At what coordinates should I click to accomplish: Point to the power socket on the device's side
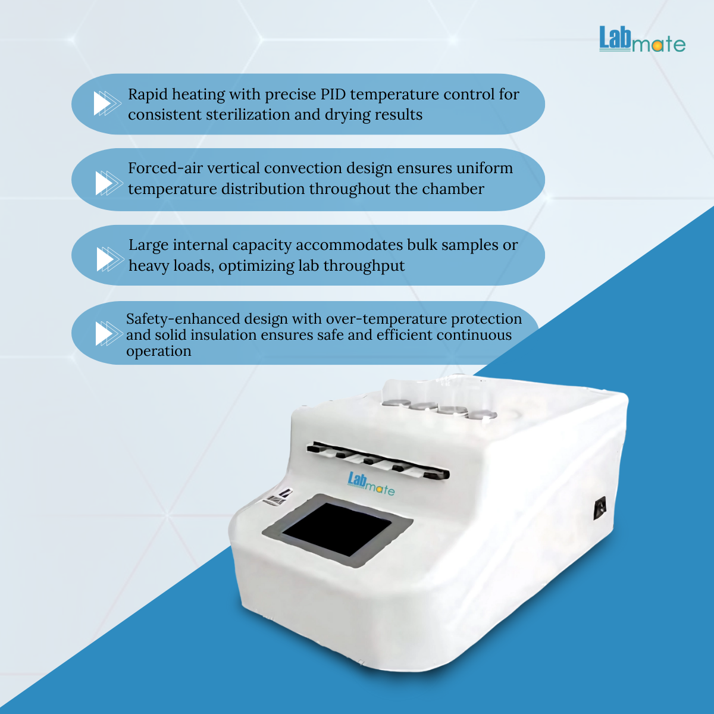(600, 508)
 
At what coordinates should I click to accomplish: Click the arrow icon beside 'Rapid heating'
(107, 104)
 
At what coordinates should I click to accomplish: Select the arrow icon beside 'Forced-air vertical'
(109, 183)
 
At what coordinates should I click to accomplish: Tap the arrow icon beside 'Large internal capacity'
(110, 259)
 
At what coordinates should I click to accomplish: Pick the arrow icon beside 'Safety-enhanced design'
(109, 333)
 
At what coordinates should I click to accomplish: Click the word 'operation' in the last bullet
(159, 351)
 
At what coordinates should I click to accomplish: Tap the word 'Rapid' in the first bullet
(148, 95)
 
